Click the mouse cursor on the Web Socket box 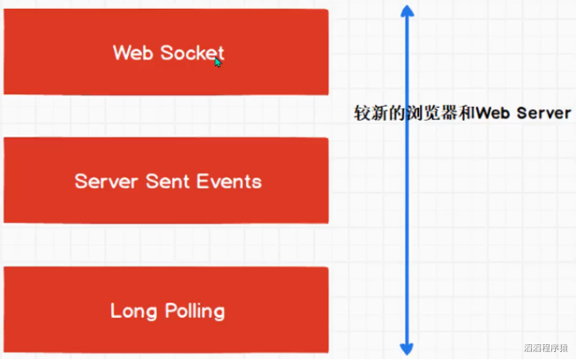(218, 62)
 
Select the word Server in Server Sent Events (102, 182)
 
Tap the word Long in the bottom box (129, 311)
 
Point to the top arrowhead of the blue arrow (407, 11)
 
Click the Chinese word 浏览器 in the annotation (428, 115)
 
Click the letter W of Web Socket (121, 53)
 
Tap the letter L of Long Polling (115, 311)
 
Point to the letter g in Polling (218, 313)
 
